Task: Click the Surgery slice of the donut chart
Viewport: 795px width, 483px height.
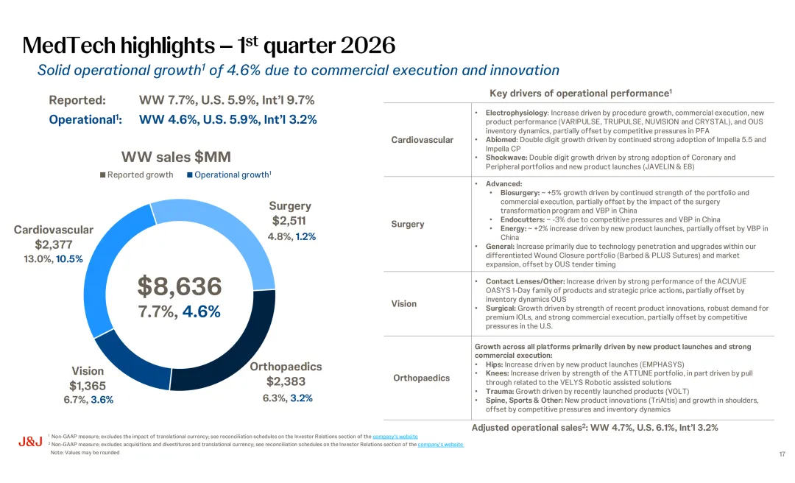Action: pos(221,229)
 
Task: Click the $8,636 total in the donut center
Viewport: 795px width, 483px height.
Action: pos(180,286)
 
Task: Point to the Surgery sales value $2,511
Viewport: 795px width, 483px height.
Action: pos(289,221)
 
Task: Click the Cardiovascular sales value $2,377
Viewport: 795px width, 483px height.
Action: pos(54,244)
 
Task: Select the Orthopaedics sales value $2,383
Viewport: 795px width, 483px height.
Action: pos(286,381)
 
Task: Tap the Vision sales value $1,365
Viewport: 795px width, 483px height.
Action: pos(88,386)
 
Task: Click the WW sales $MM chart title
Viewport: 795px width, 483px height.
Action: pos(176,156)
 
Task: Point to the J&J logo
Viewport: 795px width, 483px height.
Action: pos(29,442)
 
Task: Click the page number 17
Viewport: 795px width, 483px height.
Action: pos(782,454)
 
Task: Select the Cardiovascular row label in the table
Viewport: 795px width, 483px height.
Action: pos(423,140)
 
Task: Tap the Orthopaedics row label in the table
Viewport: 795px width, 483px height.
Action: pos(421,378)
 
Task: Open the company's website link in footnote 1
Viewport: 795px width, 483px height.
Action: pos(395,437)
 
